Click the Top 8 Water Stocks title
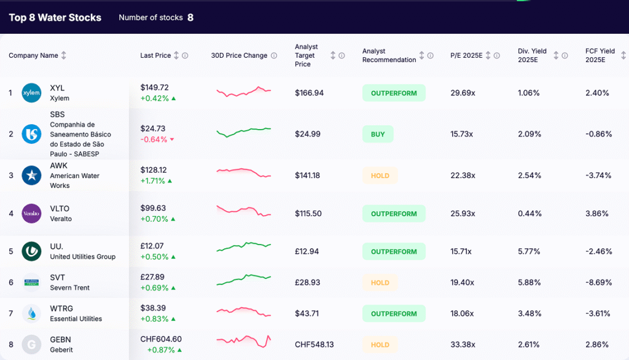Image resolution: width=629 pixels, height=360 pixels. pos(55,17)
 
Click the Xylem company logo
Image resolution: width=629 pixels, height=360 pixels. pos(31,93)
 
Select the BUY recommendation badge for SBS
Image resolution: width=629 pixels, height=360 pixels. pos(378,134)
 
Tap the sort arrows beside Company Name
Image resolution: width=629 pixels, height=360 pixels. pos(64,55)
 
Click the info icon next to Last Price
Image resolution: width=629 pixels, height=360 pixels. pos(185,55)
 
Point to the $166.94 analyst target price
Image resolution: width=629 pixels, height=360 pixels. pos(309,93)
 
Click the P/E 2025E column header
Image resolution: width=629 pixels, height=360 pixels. pos(466,55)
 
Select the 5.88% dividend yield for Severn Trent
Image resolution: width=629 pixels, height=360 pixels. pos(529,283)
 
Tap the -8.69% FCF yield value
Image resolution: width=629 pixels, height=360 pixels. pos(598,283)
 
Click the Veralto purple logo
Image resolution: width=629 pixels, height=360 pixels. pos(31,213)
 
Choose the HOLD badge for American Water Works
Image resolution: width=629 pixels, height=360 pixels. pos(380,176)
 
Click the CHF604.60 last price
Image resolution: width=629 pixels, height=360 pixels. pos(161,339)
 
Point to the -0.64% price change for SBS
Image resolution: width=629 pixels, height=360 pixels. pos(154,139)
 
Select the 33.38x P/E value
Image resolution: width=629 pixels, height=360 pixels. pos(462,345)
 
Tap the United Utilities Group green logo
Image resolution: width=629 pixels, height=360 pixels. pos(31,251)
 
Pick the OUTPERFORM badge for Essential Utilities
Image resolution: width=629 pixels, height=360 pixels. pos(394,314)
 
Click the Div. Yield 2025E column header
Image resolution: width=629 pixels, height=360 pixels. pos(532,55)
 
